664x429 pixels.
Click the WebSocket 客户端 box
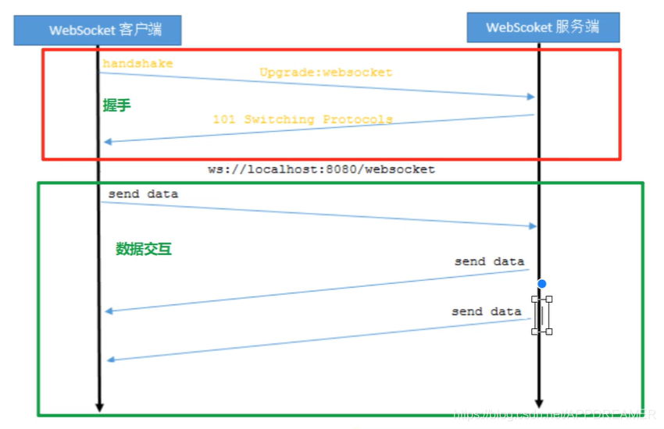click(97, 30)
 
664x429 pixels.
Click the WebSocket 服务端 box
click(543, 27)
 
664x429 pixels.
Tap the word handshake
click(137, 63)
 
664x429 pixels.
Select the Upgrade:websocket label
click(326, 73)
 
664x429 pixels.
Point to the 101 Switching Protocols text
click(302, 119)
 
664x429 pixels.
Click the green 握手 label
click(116, 105)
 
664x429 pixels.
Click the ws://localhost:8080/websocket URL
click(321, 168)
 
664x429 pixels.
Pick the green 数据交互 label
click(144, 249)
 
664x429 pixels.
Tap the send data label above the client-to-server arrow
click(143, 193)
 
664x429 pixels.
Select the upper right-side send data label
click(489, 261)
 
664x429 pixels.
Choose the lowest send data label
click(486, 311)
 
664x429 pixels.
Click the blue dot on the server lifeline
click(541, 284)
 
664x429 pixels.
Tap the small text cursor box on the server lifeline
click(541, 315)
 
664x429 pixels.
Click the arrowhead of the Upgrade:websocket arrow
click(531, 97)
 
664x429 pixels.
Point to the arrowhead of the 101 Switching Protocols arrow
click(108, 141)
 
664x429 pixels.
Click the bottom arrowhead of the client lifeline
click(99, 406)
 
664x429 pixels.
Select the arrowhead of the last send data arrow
click(111, 360)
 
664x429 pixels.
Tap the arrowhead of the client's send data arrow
click(533, 226)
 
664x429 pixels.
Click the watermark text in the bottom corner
click(555, 414)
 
